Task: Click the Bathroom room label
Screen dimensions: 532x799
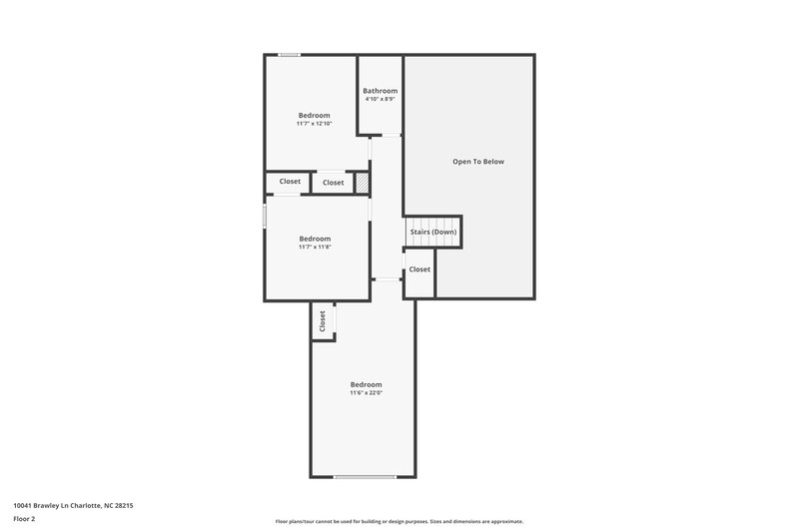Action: click(x=380, y=91)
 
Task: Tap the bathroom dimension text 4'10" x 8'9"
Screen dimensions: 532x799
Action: click(x=380, y=99)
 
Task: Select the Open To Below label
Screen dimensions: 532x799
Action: click(x=478, y=161)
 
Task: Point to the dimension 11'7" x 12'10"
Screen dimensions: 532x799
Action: click(x=314, y=124)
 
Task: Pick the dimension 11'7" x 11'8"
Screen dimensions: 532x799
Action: click(x=315, y=247)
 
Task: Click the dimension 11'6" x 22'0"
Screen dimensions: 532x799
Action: click(x=366, y=392)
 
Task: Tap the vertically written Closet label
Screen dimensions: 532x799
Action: click(x=323, y=320)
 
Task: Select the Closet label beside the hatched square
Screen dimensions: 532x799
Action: click(x=333, y=183)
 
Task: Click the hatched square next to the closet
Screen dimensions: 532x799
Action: click(x=363, y=183)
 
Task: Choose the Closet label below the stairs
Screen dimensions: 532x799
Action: click(x=419, y=268)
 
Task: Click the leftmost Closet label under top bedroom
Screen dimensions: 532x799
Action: click(x=290, y=181)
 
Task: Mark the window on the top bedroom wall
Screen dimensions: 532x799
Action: click(x=290, y=55)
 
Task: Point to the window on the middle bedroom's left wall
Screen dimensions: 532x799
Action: click(x=265, y=216)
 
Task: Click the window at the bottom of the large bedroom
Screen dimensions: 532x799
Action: click(x=366, y=477)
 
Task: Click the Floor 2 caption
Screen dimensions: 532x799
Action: click(x=24, y=519)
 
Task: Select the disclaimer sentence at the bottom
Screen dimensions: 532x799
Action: click(x=399, y=521)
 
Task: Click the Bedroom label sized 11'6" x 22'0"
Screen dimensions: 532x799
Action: click(x=366, y=384)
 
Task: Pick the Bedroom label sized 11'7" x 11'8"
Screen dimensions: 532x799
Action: click(x=315, y=239)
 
